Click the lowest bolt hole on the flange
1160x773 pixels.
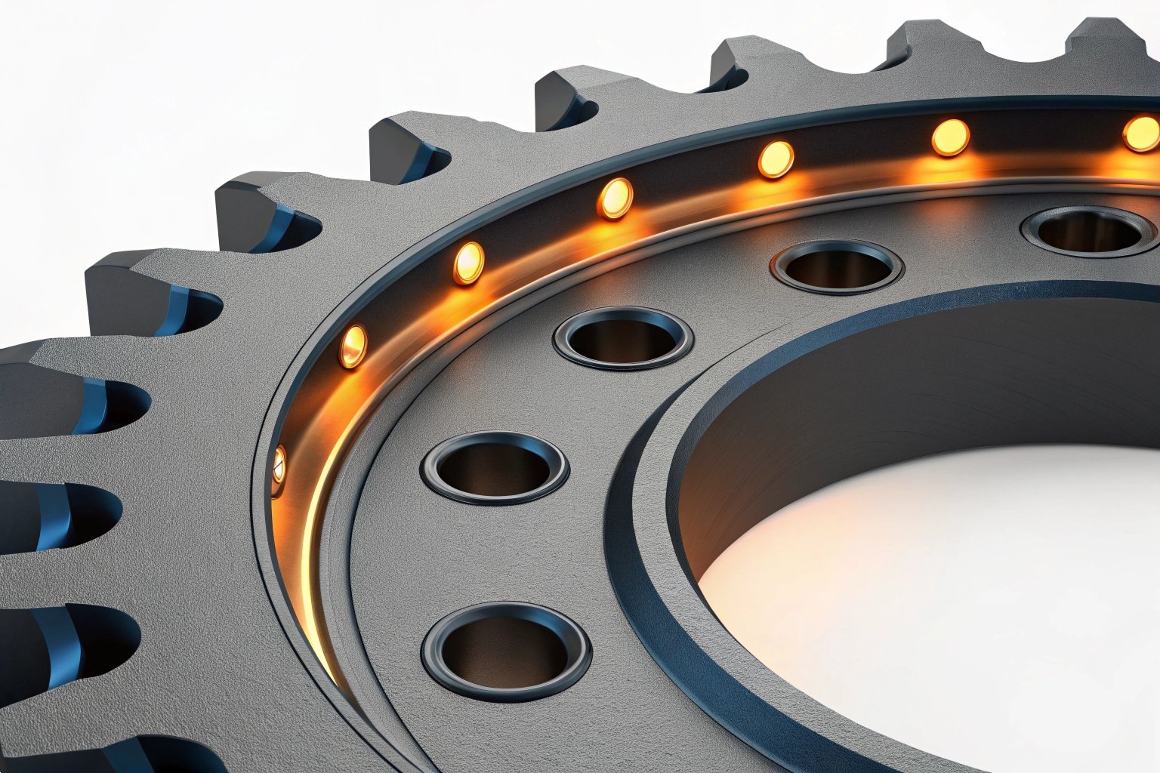(505, 650)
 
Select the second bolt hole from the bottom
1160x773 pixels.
(495, 468)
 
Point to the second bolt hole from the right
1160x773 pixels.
(837, 267)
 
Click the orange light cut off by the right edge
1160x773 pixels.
(1142, 134)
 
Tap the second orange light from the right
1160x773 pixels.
(949, 137)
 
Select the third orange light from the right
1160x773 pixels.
(776, 159)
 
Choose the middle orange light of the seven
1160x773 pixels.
(615, 199)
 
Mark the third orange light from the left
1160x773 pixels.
(468, 263)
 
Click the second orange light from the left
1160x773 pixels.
(353, 346)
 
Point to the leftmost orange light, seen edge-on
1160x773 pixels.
(279, 463)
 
